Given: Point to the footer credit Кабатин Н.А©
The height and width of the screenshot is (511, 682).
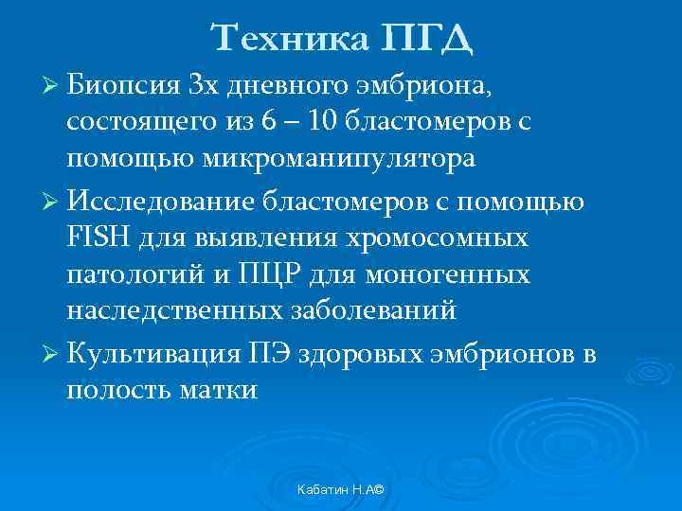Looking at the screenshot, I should (344, 487).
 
